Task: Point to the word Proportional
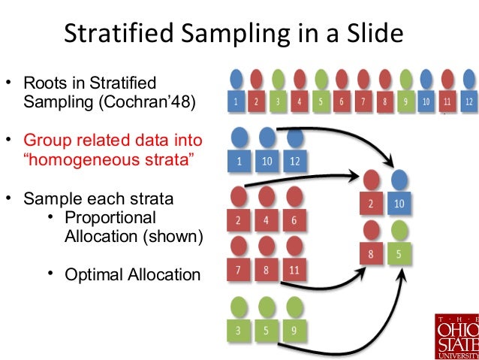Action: [x=110, y=218]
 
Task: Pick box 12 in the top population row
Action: [x=468, y=100]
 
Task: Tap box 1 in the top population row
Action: [x=236, y=100]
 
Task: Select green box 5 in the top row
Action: [x=321, y=100]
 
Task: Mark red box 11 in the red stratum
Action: [x=294, y=268]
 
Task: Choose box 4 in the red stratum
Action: [x=267, y=221]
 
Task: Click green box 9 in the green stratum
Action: [x=294, y=329]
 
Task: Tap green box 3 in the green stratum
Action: [x=239, y=329]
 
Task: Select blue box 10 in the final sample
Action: [x=399, y=204]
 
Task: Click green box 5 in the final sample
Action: [x=399, y=254]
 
